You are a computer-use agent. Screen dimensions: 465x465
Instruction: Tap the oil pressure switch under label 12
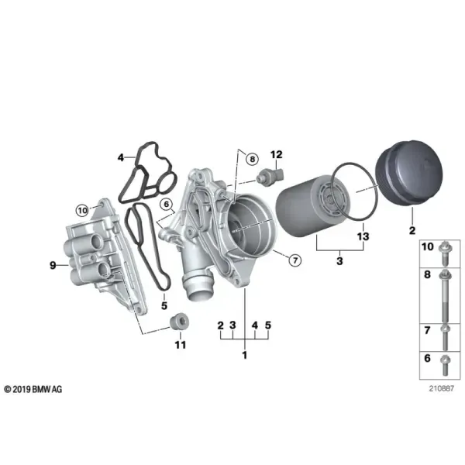(270, 176)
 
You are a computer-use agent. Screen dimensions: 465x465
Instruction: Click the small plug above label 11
(179, 322)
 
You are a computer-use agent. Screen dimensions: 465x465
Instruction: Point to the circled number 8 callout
(253, 159)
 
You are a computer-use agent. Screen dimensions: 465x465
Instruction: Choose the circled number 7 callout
(295, 260)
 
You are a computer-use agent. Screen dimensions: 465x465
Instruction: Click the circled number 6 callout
(166, 204)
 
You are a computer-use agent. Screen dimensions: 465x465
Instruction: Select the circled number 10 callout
(82, 211)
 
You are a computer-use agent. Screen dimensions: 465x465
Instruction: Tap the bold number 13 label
(363, 236)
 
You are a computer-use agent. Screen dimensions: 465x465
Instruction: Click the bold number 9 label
(53, 265)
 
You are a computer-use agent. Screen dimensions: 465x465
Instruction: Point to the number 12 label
(277, 154)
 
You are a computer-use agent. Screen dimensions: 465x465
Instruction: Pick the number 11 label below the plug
(181, 345)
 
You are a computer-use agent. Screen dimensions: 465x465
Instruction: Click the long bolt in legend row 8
(445, 296)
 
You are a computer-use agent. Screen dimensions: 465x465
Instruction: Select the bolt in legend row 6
(446, 365)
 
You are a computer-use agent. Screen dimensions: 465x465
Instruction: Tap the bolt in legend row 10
(445, 253)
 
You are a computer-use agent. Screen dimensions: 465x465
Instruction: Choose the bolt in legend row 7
(445, 337)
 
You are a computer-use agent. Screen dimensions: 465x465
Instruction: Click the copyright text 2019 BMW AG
(33, 389)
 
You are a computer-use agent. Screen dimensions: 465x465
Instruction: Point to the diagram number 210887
(441, 388)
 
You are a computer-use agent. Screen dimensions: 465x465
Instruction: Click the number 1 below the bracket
(245, 355)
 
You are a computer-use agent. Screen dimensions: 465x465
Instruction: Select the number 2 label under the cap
(412, 230)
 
